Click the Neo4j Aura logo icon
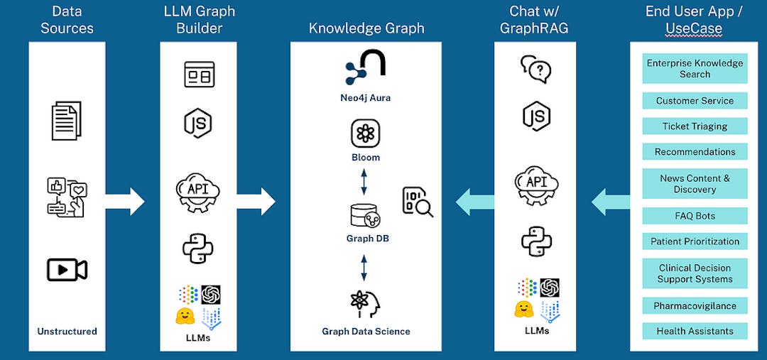[365, 68]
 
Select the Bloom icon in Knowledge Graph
[365, 133]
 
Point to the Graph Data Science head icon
[366, 303]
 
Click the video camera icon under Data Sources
[67, 270]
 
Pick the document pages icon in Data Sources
[67, 120]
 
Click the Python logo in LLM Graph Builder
[198, 247]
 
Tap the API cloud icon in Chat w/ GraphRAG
[536, 186]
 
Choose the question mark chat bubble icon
[536, 69]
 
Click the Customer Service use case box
[695, 101]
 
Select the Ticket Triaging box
[695, 126]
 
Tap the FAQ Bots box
[695, 216]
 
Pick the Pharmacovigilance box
[695, 306]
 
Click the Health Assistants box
[695, 332]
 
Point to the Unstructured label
[67, 332]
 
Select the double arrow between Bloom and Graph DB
[364, 181]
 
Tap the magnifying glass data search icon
[418, 202]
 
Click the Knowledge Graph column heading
[366, 28]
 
